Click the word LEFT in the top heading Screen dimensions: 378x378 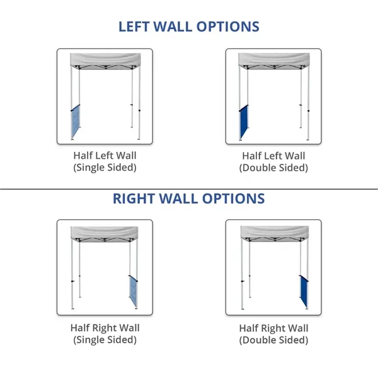click(134, 26)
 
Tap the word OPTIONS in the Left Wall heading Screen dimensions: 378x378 click(228, 26)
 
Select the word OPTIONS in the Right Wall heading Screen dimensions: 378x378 click(233, 198)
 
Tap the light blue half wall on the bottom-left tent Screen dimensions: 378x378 click(134, 291)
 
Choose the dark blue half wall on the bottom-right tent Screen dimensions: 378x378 click(304, 291)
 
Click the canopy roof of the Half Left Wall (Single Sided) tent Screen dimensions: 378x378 click(105, 60)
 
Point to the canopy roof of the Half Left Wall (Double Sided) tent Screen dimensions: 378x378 click(274, 60)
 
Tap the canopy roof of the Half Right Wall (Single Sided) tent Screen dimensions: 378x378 click(105, 232)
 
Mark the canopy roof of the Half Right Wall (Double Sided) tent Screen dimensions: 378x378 click(275, 232)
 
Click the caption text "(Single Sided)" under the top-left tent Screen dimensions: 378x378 click(105, 168)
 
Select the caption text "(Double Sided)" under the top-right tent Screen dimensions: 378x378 click(273, 168)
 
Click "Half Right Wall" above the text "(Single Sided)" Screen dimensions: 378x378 click(105, 328)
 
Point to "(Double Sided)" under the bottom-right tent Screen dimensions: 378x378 click(273, 340)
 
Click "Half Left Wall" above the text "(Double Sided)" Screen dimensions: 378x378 click(273, 156)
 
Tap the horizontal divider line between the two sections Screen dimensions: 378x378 click(189, 189)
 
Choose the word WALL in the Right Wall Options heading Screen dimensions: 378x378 click(178, 198)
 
